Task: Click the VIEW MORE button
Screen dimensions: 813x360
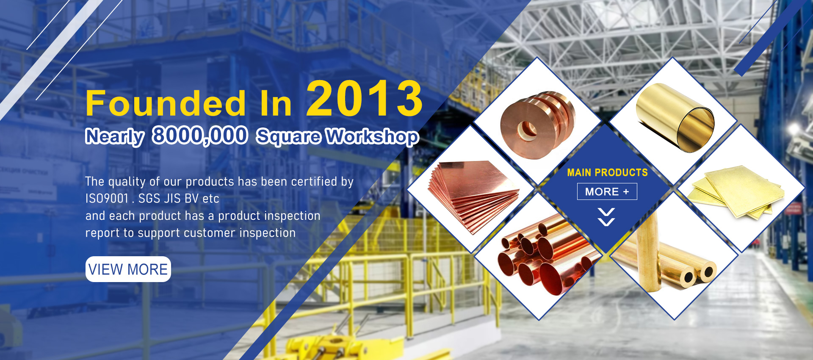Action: [128, 269]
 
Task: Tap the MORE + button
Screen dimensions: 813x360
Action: [607, 191]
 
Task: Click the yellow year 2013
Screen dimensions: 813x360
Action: [365, 99]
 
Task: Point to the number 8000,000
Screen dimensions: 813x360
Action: [200, 136]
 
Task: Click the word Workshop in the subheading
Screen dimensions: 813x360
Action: [372, 136]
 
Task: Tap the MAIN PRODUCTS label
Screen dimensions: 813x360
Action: [607, 172]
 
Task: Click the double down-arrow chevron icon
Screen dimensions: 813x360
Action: [606, 217]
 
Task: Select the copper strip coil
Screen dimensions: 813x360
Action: [537, 125]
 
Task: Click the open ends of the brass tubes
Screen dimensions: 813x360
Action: [699, 274]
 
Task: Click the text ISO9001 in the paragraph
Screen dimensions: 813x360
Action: [107, 198]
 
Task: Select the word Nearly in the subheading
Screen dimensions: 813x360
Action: [115, 136]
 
